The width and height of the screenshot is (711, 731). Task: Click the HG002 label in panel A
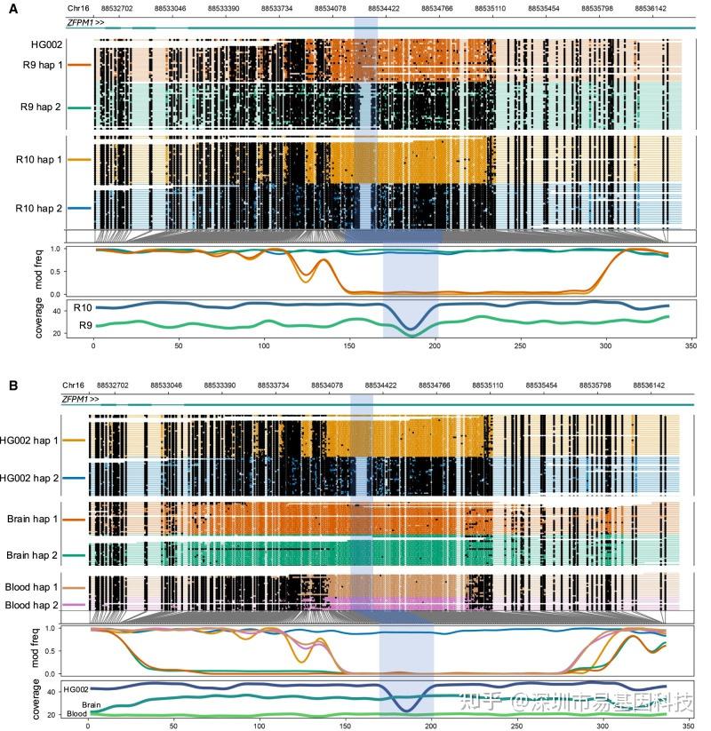pyautogui.click(x=45, y=44)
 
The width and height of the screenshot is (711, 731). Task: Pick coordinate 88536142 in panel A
pyautogui.click(x=651, y=8)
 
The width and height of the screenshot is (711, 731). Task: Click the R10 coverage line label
pyautogui.click(x=84, y=306)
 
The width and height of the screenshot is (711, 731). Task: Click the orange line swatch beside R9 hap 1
pyautogui.click(x=80, y=65)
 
